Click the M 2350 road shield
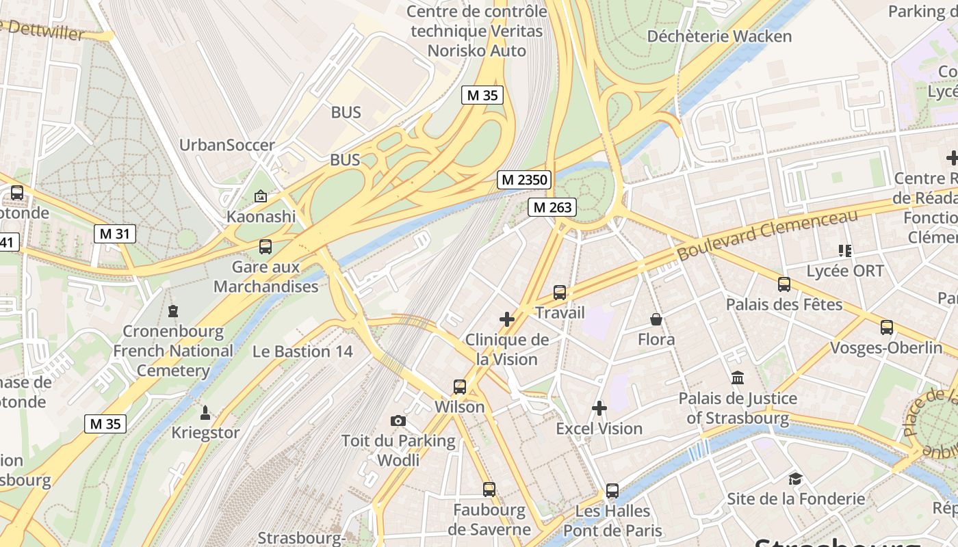(x=525, y=180)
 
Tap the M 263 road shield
(x=552, y=207)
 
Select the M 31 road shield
(x=114, y=234)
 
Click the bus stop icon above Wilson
(x=460, y=387)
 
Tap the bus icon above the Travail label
(x=560, y=293)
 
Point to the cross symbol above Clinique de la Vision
(x=507, y=319)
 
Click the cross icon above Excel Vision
(x=599, y=409)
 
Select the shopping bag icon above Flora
(x=656, y=319)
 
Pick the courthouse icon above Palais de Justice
(x=738, y=377)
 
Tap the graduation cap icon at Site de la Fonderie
(x=795, y=479)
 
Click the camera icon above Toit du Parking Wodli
(x=398, y=421)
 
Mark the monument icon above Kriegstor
(x=205, y=412)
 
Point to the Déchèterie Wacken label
(x=719, y=36)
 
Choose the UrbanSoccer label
(x=226, y=145)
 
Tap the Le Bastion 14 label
(x=302, y=351)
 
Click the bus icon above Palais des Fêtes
(x=784, y=284)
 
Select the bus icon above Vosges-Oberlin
(x=887, y=328)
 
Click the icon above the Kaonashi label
(x=261, y=197)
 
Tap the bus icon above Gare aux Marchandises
(x=266, y=247)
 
